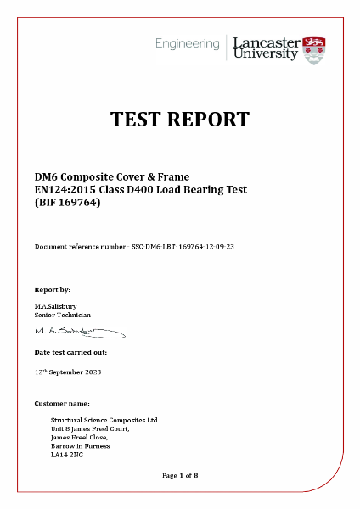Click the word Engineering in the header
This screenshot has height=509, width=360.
tap(187, 42)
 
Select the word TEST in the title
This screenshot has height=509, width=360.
tap(141, 119)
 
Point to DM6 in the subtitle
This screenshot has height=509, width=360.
tap(46, 176)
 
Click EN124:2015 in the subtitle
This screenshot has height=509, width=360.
tap(65, 189)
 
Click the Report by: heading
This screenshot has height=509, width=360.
tap(53, 289)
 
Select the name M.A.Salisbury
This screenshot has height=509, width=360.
tap(57, 306)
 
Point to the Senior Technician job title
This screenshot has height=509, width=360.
tap(62, 315)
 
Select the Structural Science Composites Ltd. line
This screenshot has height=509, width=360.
tap(104, 420)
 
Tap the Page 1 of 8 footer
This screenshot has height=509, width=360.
tap(180, 475)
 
